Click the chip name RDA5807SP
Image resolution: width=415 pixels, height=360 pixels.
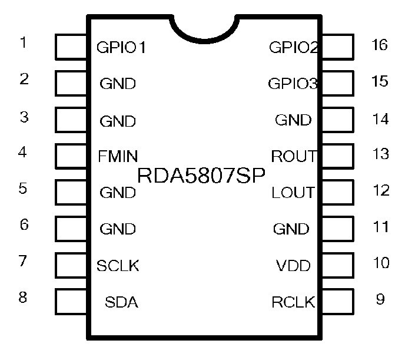(x=201, y=175)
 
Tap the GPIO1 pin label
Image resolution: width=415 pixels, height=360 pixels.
(x=121, y=48)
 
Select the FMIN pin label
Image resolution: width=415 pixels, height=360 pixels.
(x=118, y=157)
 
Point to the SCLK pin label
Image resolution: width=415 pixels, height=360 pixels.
(x=118, y=266)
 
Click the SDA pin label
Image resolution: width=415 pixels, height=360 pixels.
(x=121, y=303)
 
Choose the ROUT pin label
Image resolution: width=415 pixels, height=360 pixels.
(x=293, y=157)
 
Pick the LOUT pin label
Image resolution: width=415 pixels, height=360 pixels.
(x=293, y=193)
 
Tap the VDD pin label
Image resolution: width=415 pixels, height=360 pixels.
(x=293, y=266)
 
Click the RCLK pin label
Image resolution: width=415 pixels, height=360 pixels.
(x=293, y=303)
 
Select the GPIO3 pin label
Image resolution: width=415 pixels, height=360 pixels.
(x=293, y=84)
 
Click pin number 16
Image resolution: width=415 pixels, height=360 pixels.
(x=380, y=45)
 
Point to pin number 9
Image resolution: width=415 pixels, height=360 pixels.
(x=380, y=299)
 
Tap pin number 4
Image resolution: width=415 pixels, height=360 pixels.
(x=23, y=153)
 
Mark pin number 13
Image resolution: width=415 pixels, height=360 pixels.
(x=381, y=154)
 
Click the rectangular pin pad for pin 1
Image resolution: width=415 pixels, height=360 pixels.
(x=71, y=47)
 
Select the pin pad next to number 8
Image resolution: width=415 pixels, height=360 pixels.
(x=71, y=301)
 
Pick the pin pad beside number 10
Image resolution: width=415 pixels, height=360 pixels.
(x=337, y=265)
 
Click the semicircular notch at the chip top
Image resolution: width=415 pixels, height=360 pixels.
(x=204, y=28)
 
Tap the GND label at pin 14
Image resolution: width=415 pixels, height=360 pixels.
(x=293, y=120)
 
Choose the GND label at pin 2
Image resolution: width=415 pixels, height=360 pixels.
(x=118, y=84)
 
